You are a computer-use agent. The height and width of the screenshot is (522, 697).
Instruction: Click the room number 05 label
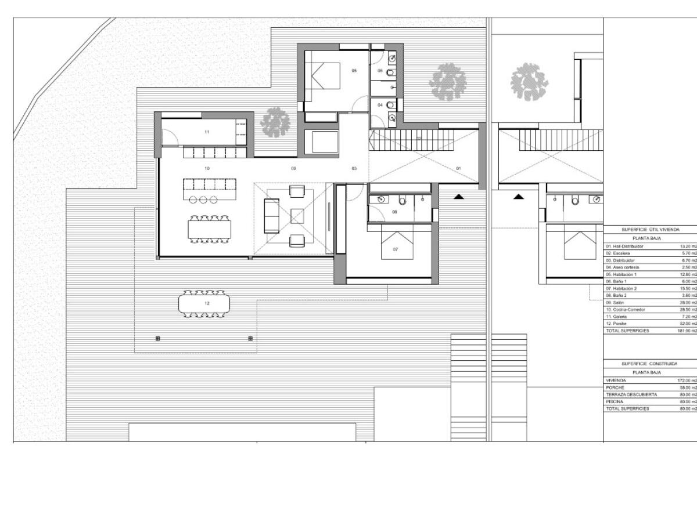click(x=354, y=70)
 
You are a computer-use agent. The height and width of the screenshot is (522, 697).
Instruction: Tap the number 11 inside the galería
click(x=207, y=132)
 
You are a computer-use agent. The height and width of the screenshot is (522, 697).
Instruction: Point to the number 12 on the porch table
click(x=207, y=303)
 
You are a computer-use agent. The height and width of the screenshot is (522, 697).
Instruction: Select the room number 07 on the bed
click(x=396, y=249)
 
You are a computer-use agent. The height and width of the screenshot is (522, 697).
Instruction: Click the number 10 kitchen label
click(x=207, y=168)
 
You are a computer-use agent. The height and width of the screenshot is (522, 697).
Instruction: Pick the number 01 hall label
click(x=458, y=168)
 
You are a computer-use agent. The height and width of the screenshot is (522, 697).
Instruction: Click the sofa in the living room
click(x=271, y=215)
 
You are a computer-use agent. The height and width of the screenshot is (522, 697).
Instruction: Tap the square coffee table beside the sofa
click(x=297, y=216)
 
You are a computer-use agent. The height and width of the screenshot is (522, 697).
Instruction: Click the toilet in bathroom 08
click(x=402, y=201)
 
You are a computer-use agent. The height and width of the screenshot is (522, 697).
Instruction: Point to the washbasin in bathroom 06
click(x=392, y=59)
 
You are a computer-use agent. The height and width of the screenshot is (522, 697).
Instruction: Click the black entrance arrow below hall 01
click(x=459, y=197)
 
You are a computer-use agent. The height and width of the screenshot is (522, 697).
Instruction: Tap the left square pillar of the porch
click(x=157, y=338)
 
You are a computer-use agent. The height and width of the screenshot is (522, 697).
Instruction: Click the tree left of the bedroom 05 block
click(x=275, y=122)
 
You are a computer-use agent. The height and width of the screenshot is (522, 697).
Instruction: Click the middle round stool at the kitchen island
click(x=204, y=200)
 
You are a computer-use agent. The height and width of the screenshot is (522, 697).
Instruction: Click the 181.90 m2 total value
click(x=688, y=331)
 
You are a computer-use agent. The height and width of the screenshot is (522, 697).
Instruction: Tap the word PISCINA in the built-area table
click(x=615, y=401)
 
